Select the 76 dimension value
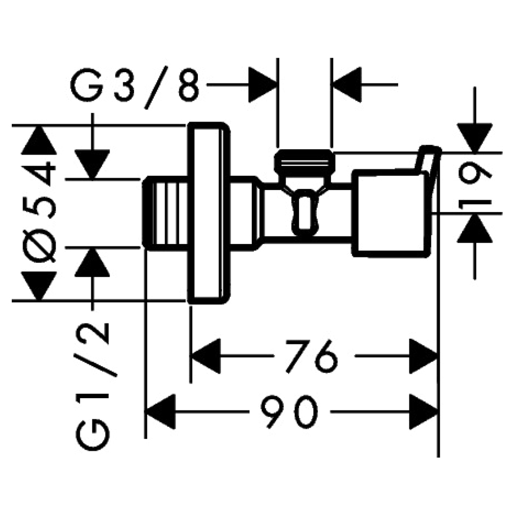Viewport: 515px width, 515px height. [x=315, y=356]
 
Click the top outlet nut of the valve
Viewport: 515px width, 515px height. [x=304, y=161]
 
